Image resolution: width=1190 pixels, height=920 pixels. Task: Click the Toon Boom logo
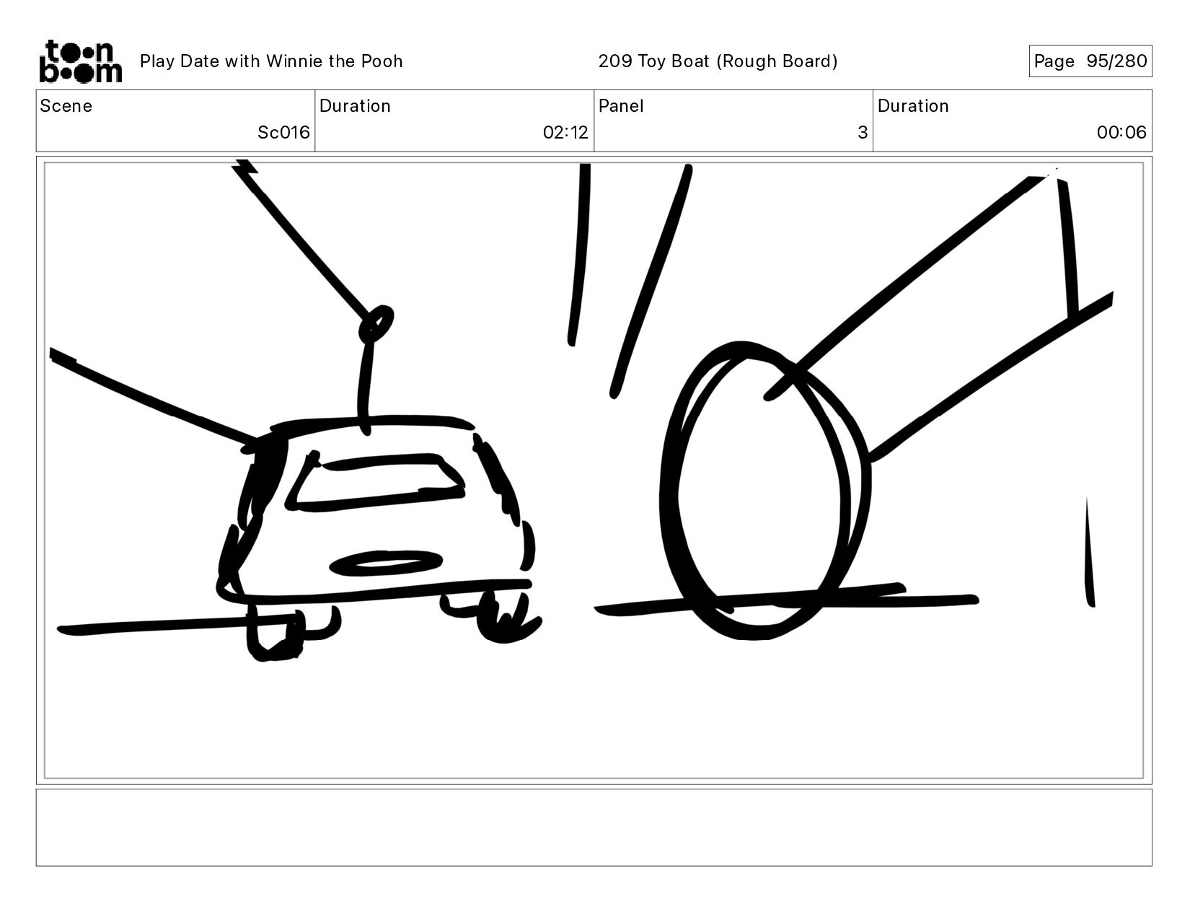[x=81, y=61]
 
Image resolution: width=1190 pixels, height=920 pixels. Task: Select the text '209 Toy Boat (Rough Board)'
[x=718, y=61]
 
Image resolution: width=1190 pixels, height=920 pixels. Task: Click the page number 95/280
[x=1116, y=61]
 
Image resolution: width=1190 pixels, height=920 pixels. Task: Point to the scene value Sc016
[x=283, y=132]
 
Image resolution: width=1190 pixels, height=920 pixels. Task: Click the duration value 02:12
[x=565, y=132]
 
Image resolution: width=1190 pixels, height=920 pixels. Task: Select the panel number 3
[x=863, y=132]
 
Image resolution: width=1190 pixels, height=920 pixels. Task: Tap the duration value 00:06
[x=1121, y=132]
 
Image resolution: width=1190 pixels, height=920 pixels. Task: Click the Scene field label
[x=66, y=106]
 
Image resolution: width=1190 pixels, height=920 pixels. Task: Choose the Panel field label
[x=621, y=106]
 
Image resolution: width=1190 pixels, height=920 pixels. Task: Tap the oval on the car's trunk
[x=386, y=564]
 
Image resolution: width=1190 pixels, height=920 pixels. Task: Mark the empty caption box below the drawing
[x=594, y=828]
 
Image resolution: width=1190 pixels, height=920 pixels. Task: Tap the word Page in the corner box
[x=1054, y=61]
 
